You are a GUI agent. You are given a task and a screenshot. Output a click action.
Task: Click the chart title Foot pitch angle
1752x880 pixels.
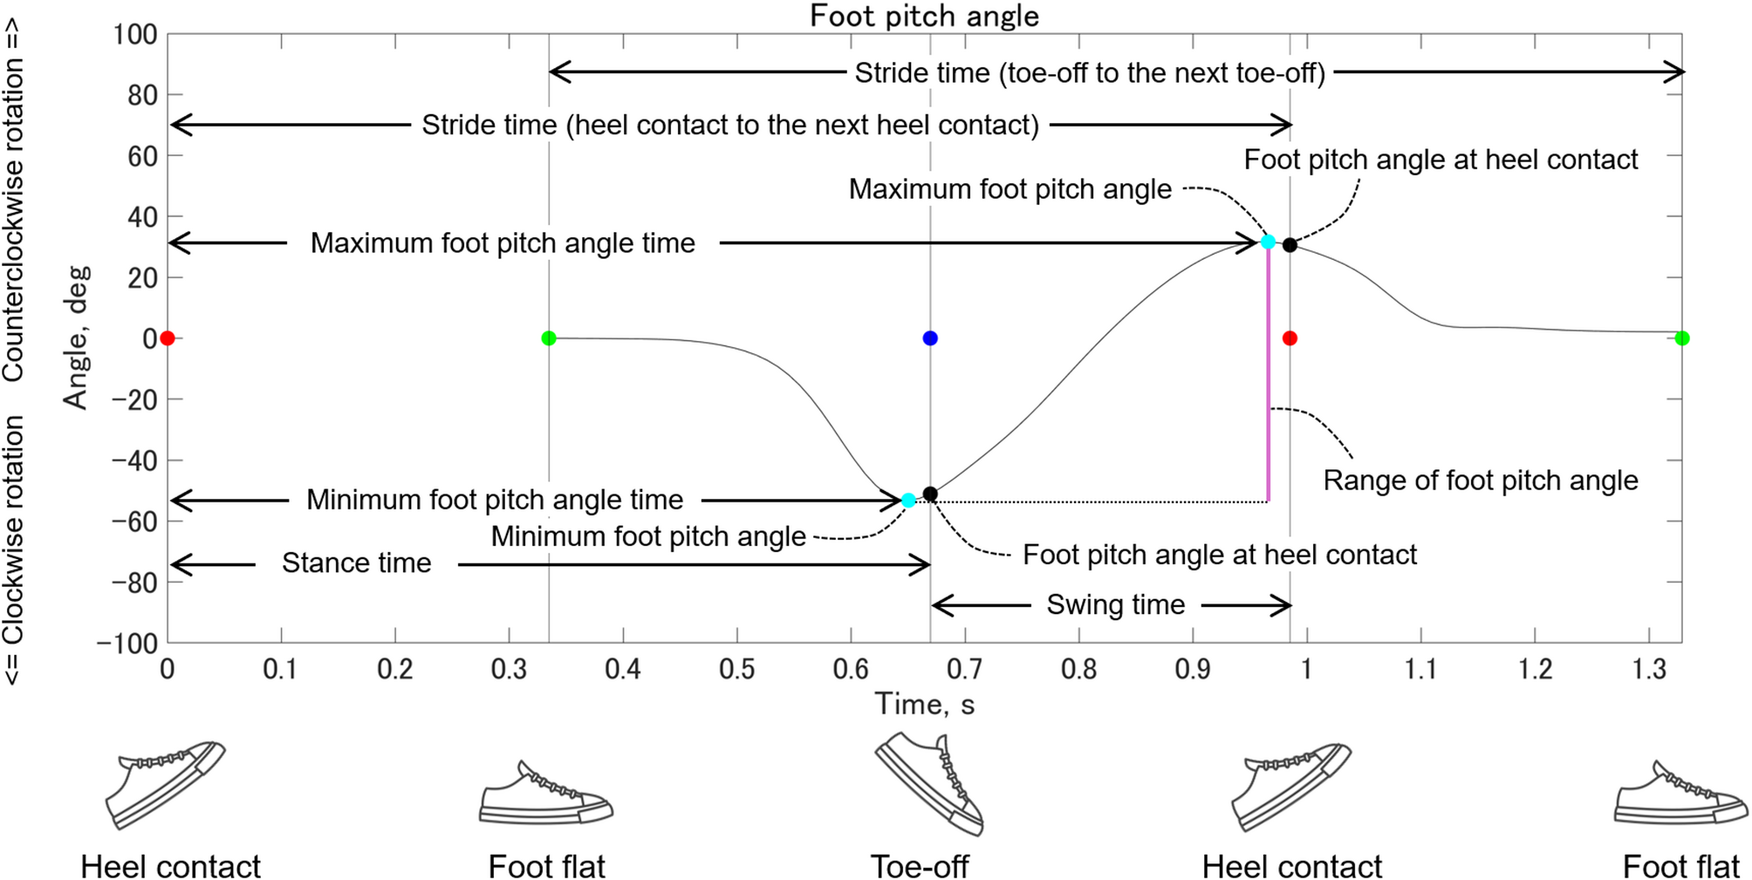click(x=924, y=17)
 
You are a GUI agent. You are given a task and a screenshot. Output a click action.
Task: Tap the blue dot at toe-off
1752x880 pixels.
click(x=930, y=338)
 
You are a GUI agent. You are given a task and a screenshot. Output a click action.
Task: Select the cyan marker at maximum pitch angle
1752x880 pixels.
click(x=1268, y=242)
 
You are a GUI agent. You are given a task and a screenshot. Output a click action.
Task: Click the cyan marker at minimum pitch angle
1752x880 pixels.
click(x=908, y=501)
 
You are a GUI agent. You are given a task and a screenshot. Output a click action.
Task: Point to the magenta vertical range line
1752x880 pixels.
click(x=1268, y=375)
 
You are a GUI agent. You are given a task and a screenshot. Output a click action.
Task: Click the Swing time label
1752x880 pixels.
click(x=1115, y=604)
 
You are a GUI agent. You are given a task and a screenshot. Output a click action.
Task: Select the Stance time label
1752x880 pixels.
click(x=356, y=563)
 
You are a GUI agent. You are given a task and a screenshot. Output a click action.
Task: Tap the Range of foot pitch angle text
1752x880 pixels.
click(x=1480, y=481)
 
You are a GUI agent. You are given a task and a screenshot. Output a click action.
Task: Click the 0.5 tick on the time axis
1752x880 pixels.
click(x=736, y=669)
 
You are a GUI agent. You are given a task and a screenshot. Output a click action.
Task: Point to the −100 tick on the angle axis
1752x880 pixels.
click(x=127, y=644)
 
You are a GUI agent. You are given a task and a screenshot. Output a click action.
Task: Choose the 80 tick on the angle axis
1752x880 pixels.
click(x=141, y=95)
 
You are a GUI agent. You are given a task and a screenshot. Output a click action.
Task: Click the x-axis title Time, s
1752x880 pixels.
click(x=924, y=704)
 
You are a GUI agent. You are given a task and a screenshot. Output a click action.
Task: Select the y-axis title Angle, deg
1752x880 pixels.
click(x=76, y=338)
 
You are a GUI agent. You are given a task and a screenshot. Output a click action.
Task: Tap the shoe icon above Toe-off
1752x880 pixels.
click(x=928, y=783)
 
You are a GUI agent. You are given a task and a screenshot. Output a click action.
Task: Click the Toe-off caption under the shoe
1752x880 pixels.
click(x=920, y=867)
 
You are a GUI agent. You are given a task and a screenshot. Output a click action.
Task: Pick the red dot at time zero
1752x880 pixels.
click(x=168, y=338)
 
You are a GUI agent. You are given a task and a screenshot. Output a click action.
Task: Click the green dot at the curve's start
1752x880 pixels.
click(x=549, y=338)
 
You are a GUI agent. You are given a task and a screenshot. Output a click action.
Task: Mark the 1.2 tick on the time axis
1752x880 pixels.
click(x=1535, y=669)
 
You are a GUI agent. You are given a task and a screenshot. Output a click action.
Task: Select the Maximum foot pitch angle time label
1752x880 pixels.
click(x=503, y=243)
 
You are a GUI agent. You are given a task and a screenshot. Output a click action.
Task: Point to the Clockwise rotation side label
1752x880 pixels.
click(x=13, y=549)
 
